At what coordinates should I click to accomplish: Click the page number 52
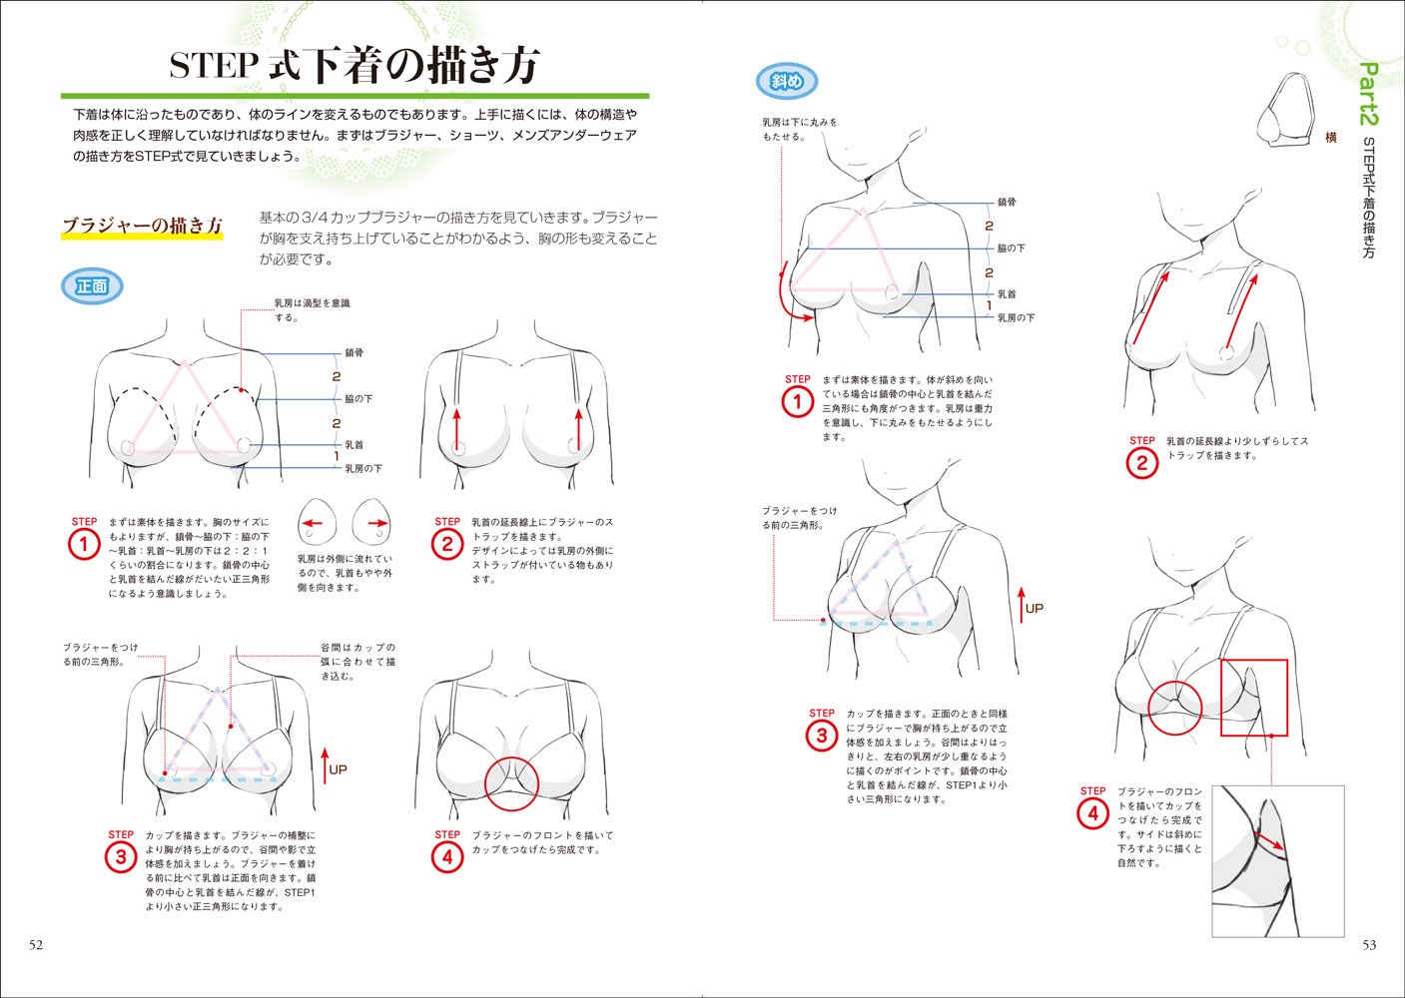35,945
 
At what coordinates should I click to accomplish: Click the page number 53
1369,945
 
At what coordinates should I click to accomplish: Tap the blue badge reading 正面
92,286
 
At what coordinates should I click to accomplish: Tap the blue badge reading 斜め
787,82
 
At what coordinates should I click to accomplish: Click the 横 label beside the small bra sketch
1330,138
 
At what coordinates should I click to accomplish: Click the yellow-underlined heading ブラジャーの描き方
142,226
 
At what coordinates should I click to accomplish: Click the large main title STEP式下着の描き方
354,66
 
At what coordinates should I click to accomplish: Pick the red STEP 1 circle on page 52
84,545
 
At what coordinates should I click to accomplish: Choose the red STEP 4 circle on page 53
1092,813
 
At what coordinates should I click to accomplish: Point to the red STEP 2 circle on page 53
1141,463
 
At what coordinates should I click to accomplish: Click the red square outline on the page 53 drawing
1254,698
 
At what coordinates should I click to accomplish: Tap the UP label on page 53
1035,608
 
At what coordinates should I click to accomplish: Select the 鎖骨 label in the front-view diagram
354,353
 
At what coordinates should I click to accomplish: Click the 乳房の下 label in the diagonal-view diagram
1016,318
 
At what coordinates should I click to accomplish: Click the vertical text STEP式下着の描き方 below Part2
1368,198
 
